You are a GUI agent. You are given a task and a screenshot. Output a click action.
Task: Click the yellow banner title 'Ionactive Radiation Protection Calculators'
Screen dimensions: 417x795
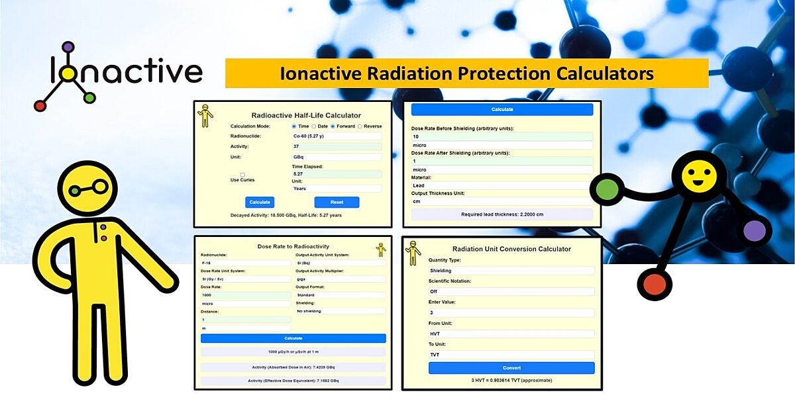click(466, 73)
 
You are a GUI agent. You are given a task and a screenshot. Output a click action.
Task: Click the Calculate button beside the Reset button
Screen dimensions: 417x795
click(260, 202)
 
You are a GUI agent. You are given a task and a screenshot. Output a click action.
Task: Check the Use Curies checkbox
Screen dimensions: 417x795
click(242, 175)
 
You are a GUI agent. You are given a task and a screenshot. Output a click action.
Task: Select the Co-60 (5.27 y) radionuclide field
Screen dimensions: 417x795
click(337, 136)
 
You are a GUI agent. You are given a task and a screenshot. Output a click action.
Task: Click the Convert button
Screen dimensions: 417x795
click(511, 368)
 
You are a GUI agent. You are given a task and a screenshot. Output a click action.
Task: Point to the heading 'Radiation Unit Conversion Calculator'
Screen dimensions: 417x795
click(511, 249)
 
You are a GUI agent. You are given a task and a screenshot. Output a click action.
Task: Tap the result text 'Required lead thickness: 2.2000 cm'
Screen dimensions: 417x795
click(502, 214)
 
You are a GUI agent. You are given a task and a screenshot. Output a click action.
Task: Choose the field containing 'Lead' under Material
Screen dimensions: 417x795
click(502, 185)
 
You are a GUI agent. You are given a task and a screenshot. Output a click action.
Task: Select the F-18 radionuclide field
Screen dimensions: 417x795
click(245, 263)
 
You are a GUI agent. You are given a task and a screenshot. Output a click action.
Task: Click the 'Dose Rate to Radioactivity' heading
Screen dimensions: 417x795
click(293, 246)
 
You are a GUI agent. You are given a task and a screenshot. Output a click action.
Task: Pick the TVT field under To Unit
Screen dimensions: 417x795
click(511, 355)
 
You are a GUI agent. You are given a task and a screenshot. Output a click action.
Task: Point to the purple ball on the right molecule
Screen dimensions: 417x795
click(754, 231)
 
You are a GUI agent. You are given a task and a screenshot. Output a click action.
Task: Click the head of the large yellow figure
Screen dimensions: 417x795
click(87, 189)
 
